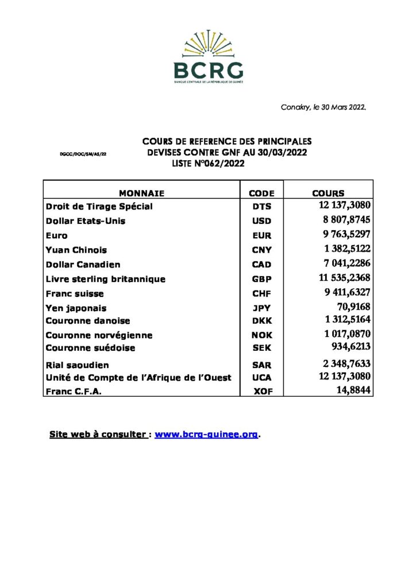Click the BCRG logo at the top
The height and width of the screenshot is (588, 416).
(209, 57)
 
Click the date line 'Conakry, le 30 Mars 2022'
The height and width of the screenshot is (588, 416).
(323, 107)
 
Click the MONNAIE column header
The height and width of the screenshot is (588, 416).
(141, 194)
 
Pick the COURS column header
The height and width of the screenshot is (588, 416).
(328, 194)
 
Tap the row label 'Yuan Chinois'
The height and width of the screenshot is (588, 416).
(76, 250)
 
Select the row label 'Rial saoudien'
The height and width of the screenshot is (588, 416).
(77, 365)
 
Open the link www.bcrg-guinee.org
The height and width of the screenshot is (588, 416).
(207, 435)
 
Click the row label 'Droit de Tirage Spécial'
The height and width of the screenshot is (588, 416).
(99, 207)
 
